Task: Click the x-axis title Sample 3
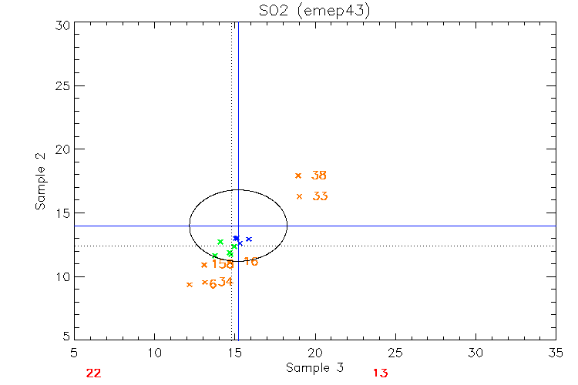coord(314,368)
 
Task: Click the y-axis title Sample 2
coord(40,182)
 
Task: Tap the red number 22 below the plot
coord(93,373)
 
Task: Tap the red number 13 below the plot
coord(381,373)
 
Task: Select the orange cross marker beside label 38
coord(298,176)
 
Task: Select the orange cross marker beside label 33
coord(300,196)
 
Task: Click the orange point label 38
coord(319,176)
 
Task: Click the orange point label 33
coord(321,196)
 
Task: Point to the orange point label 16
coord(250,262)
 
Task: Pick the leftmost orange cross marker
coord(190,284)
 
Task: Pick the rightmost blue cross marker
coord(249,239)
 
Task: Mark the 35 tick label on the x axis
coord(556,353)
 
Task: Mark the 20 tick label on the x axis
coord(315,353)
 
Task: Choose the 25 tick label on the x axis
coord(395,353)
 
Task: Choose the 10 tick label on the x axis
coord(155,353)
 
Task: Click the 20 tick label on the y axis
coord(63,149)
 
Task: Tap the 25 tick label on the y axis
coord(63,86)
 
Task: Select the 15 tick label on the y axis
coord(63,213)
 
